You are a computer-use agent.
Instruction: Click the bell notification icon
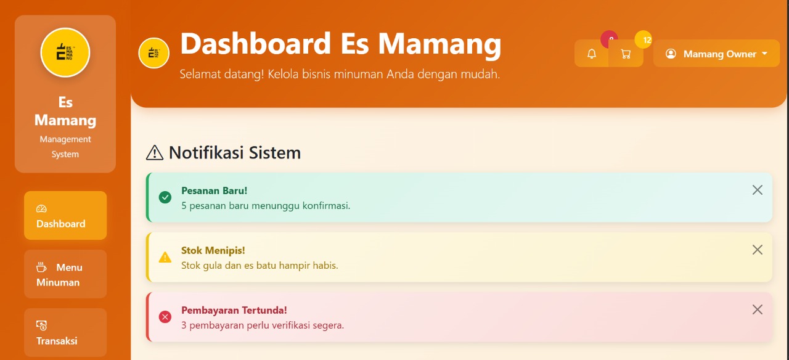click(591, 54)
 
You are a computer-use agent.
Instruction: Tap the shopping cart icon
click(626, 54)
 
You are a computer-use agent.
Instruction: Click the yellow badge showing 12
click(644, 39)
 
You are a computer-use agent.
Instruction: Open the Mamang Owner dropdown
click(716, 54)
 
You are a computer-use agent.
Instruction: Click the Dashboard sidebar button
click(65, 216)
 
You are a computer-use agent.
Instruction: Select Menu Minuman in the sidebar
click(65, 274)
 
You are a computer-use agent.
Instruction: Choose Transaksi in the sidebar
click(65, 332)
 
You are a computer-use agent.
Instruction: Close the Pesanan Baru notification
click(758, 190)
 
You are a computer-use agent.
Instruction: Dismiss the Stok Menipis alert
click(758, 250)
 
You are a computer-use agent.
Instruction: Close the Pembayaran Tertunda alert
click(758, 309)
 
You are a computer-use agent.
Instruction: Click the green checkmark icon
click(165, 197)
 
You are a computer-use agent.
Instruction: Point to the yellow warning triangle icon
click(165, 258)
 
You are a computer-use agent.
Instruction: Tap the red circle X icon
click(165, 317)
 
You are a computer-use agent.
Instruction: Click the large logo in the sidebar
click(65, 52)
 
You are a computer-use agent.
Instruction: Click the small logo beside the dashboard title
click(153, 53)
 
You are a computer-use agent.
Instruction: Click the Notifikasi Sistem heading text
click(235, 152)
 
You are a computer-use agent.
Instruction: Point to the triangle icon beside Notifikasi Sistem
click(155, 153)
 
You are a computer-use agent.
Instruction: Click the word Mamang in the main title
click(439, 44)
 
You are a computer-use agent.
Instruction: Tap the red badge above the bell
click(610, 38)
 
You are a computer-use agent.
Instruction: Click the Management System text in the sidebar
click(65, 147)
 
